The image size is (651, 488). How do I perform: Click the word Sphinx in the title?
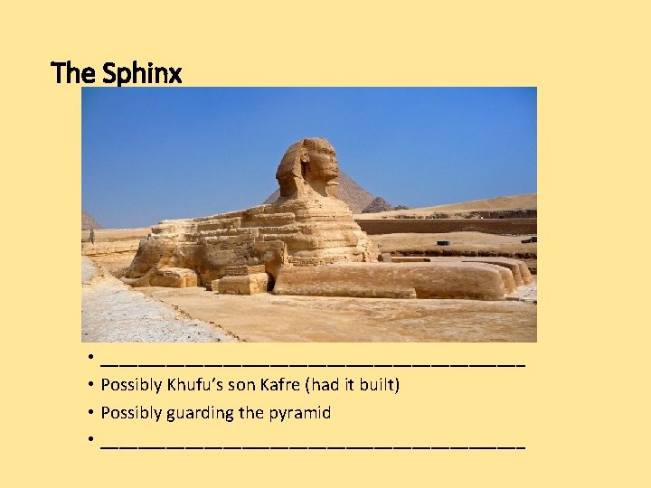(142, 72)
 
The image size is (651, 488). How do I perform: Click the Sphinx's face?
(324, 163)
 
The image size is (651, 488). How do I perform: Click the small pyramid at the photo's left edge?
(89, 221)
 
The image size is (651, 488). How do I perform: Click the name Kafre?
(281, 385)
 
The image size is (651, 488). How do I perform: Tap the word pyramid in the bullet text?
(301, 413)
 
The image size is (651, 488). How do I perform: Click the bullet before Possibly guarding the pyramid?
(92, 413)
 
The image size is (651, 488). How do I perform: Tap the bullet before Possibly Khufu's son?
(92, 385)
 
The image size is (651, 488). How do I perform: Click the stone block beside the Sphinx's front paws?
(241, 283)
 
